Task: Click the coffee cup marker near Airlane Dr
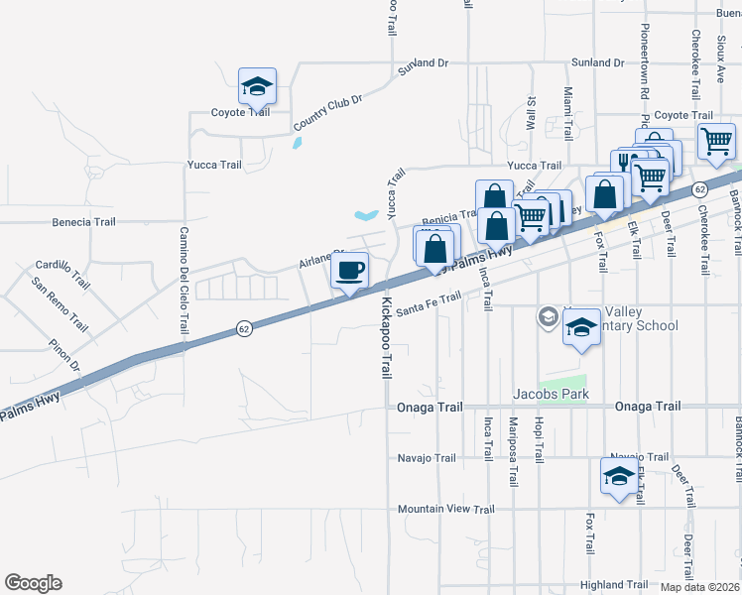(x=348, y=271)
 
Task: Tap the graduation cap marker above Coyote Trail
(x=258, y=86)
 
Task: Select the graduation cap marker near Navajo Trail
(x=620, y=475)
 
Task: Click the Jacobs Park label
(x=551, y=394)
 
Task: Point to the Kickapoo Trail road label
(x=386, y=338)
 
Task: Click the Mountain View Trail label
(x=445, y=509)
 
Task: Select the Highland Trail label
(x=614, y=584)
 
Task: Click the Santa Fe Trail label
(x=430, y=304)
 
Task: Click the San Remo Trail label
(x=59, y=304)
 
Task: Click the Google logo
(x=33, y=583)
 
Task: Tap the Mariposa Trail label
(x=513, y=451)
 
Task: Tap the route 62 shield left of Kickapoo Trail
(x=242, y=327)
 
